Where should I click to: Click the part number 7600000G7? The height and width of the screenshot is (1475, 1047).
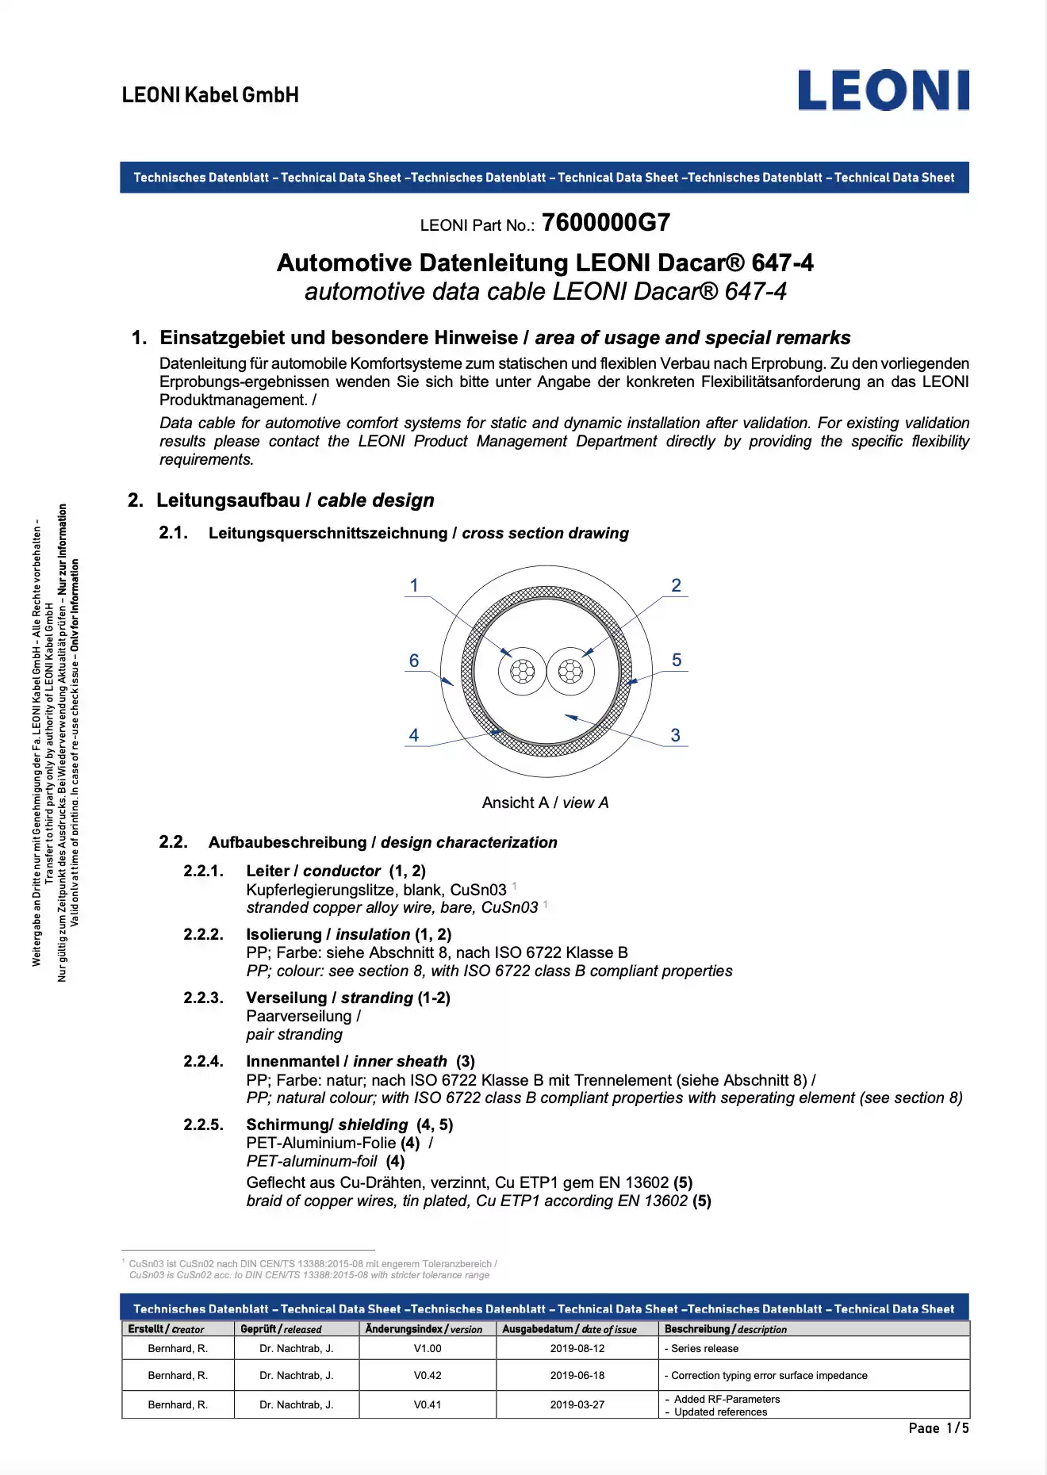[606, 223]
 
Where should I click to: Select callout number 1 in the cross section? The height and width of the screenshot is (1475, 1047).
[413, 585]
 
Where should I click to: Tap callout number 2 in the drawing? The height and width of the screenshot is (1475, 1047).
[676, 585]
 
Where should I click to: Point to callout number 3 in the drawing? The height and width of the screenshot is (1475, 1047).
[675, 735]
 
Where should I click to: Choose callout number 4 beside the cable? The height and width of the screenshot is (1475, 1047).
[413, 735]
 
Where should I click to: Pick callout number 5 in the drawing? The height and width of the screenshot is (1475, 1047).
[676, 660]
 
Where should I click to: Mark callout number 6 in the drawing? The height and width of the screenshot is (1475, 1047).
[413, 661]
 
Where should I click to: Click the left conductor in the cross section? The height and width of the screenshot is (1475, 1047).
[522, 672]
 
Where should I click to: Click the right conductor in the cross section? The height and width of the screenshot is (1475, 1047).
[570, 672]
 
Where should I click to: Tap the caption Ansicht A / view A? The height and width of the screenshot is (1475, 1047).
[545, 803]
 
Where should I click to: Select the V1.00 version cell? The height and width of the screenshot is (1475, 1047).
[428, 1348]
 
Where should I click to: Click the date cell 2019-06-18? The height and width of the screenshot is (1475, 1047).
[577, 1375]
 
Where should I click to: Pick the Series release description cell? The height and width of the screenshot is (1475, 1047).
[702, 1348]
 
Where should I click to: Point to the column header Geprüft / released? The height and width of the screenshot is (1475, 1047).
[281, 1329]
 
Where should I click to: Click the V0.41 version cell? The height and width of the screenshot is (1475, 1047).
[428, 1404]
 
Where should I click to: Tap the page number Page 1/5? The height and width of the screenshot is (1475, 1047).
[938, 1427]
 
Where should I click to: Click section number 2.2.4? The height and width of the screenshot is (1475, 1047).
[203, 1061]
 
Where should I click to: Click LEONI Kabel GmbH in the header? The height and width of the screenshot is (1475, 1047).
[210, 95]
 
